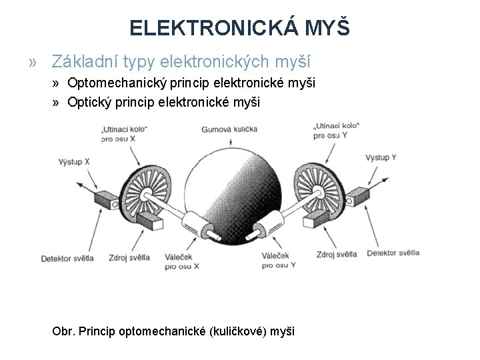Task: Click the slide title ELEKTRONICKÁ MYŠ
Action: click(x=239, y=28)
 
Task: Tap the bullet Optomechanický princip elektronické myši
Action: click(x=187, y=83)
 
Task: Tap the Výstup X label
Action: click(x=74, y=161)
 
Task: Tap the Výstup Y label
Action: click(x=381, y=157)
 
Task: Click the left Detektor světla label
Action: click(x=67, y=257)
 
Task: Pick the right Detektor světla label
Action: click(x=393, y=253)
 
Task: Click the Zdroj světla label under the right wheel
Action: click(x=337, y=253)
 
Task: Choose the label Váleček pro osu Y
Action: click(x=279, y=260)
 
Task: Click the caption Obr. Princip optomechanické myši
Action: click(x=173, y=331)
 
